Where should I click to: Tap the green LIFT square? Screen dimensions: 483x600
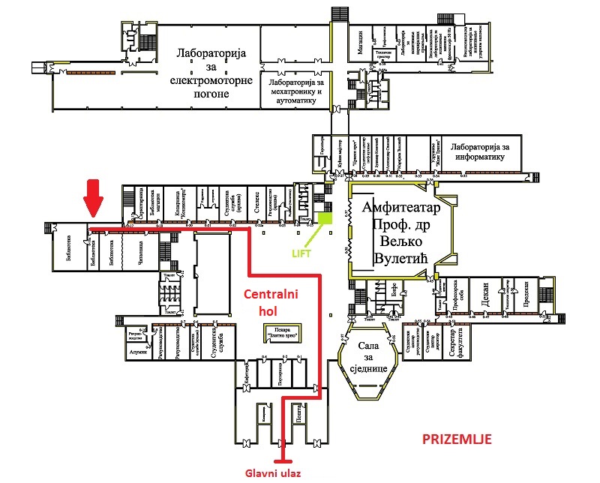tap(325, 219)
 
